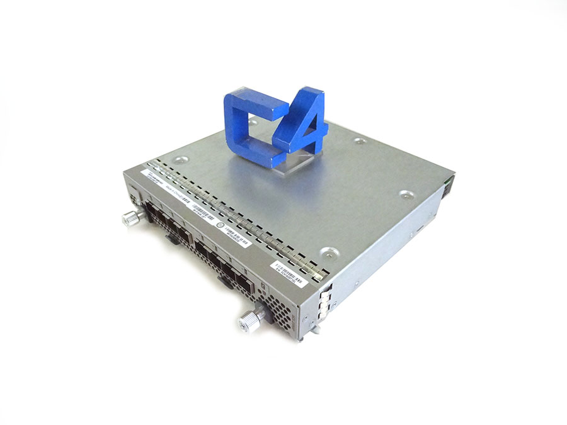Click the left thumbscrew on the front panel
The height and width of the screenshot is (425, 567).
pyautogui.click(x=130, y=218)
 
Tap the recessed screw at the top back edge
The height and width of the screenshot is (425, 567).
pyautogui.click(x=359, y=141)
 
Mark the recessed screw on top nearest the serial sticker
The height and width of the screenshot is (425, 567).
pyautogui.click(x=326, y=253)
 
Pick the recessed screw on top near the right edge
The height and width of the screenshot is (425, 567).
pyautogui.click(x=405, y=195)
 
